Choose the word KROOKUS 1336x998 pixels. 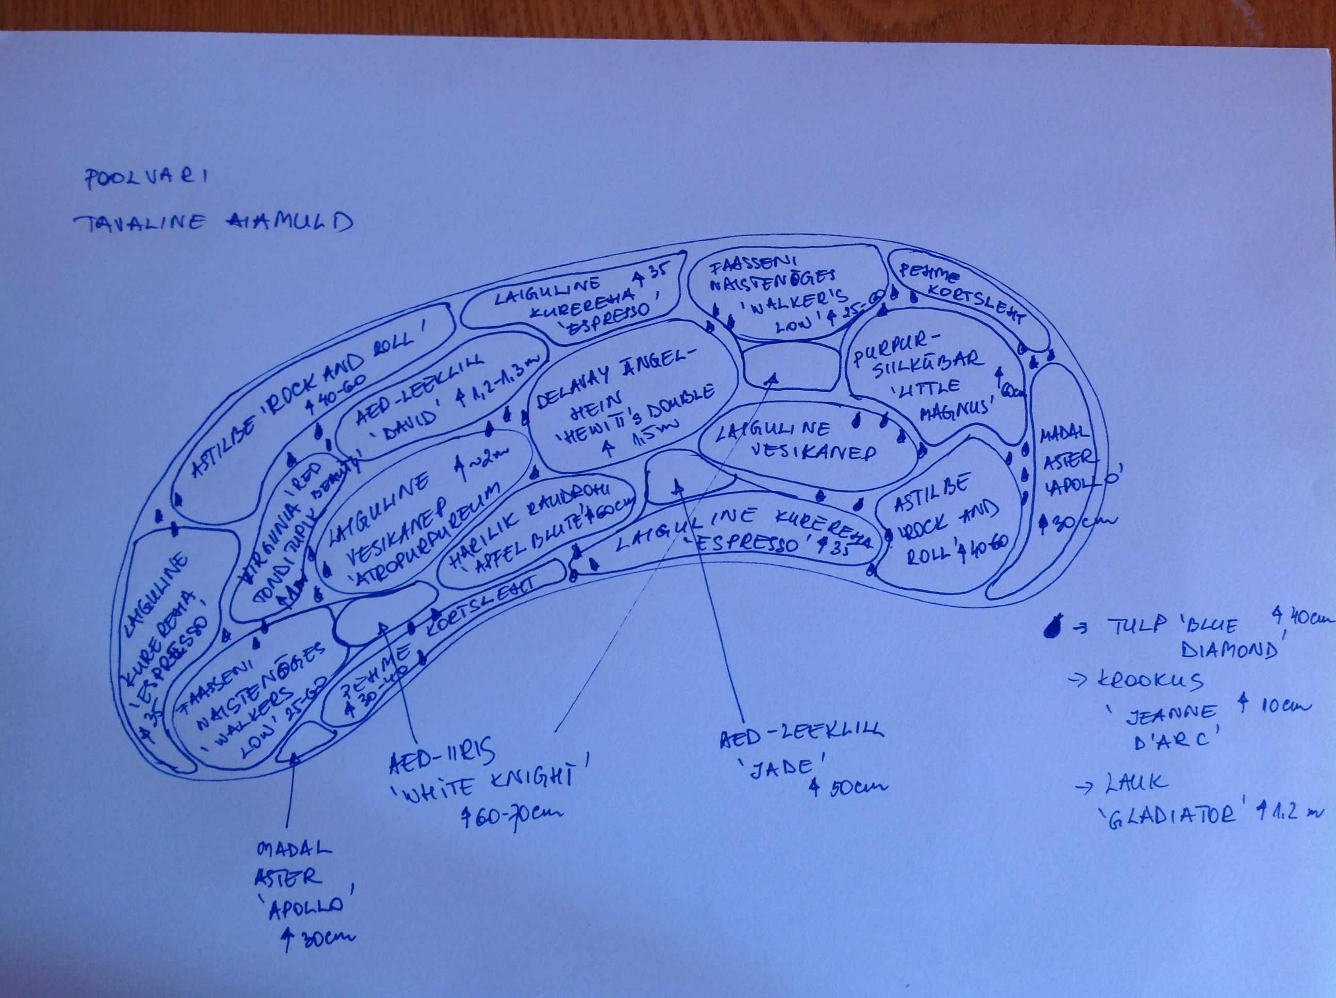[1150, 681]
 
